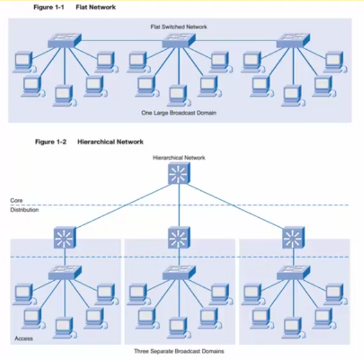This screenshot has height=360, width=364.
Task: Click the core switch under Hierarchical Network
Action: pyautogui.click(x=179, y=173)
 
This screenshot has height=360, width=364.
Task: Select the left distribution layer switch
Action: pyautogui.click(x=65, y=238)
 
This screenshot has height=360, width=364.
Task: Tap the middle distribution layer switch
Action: pyautogui.click(x=179, y=238)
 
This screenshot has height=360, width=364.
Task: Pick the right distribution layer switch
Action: pyautogui.click(x=293, y=238)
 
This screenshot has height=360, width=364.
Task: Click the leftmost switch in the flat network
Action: pyautogui.click(x=65, y=41)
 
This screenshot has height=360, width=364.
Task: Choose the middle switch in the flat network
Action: pyautogui.click(x=179, y=41)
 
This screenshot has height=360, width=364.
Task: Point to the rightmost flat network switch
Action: pyautogui.click(x=293, y=41)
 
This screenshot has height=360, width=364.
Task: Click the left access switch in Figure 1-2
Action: pyautogui.click(x=65, y=272)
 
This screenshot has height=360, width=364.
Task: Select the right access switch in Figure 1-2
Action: pyautogui.click(x=293, y=272)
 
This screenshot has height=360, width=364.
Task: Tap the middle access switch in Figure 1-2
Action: pyautogui.click(x=179, y=272)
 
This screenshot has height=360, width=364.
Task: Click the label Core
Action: pyautogui.click(x=16, y=200)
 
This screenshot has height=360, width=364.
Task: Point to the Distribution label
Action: pyautogui.click(x=25, y=210)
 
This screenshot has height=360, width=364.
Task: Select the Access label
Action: pyautogui.click(x=23, y=338)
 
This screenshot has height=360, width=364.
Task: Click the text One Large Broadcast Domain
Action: pyautogui.click(x=179, y=113)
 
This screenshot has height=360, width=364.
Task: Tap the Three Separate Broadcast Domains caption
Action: pyautogui.click(x=179, y=351)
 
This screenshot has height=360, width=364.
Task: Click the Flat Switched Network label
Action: pyautogui.click(x=179, y=27)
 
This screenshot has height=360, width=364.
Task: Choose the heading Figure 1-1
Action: pyautogui.click(x=49, y=7)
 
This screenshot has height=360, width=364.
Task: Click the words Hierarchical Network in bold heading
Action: pyautogui.click(x=110, y=142)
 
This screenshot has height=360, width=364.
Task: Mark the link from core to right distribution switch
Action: pyautogui.click(x=234, y=206)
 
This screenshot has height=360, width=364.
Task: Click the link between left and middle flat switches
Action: pyautogui.click(x=122, y=41)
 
